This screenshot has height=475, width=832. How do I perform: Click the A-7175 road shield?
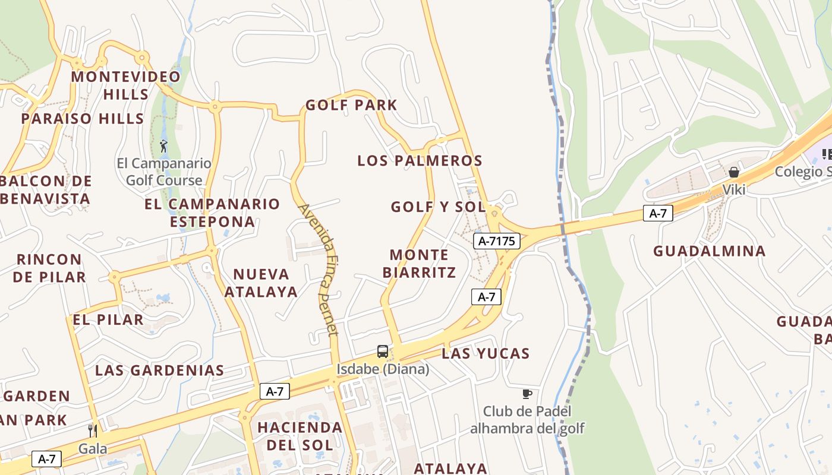coord(497,240)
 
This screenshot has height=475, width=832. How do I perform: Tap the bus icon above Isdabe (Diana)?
coord(383,351)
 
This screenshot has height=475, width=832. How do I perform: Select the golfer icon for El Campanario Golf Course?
coord(164,145)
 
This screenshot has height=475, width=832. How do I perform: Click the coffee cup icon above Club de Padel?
coord(527,394)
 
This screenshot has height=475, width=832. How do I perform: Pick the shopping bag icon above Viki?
coord(734,172)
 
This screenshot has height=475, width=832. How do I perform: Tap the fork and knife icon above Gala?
coord(93,430)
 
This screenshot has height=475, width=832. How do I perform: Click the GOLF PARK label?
coord(351,105)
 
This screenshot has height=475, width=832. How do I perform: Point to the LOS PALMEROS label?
coord(420,160)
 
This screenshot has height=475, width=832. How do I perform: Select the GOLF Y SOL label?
coord(438,207)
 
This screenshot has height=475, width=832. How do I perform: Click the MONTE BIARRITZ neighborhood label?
coord(420,264)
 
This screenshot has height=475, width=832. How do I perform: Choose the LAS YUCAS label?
coord(486,353)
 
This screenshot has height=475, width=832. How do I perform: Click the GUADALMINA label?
coord(710,251)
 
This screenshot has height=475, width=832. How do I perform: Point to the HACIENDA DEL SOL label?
coord(300,436)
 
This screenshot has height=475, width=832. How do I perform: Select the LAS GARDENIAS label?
coord(159,370)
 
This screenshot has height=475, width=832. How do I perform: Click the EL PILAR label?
coord(108,319)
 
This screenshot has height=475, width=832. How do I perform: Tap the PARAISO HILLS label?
coord(83,118)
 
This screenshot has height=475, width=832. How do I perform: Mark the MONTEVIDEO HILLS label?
coord(126,85)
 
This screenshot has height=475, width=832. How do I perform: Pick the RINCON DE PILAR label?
coord(49,268)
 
